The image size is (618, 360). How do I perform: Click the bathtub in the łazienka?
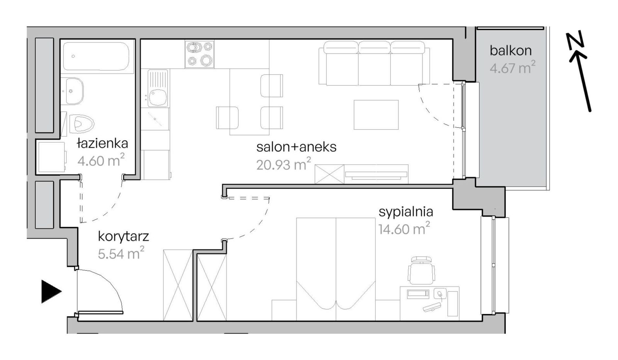click(x=98, y=56)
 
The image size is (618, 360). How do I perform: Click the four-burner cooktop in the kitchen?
click(x=199, y=54)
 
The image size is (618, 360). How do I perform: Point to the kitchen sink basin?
click(x=158, y=97)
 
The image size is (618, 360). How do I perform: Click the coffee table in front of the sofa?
click(x=376, y=115)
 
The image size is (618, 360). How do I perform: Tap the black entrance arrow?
click(x=51, y=292)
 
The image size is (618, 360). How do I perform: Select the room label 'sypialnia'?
click(x=406, y=212)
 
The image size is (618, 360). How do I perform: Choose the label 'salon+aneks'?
click(x=296, y=147)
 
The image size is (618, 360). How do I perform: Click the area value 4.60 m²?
click(x=101, y=160)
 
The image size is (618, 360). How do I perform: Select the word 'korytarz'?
click(x=123, y=237)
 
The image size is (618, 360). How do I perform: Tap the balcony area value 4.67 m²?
click(x=513, y=67)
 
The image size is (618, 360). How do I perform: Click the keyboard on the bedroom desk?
click(x=432, y=307)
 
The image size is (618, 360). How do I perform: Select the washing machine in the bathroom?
click(x=51, y=157)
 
